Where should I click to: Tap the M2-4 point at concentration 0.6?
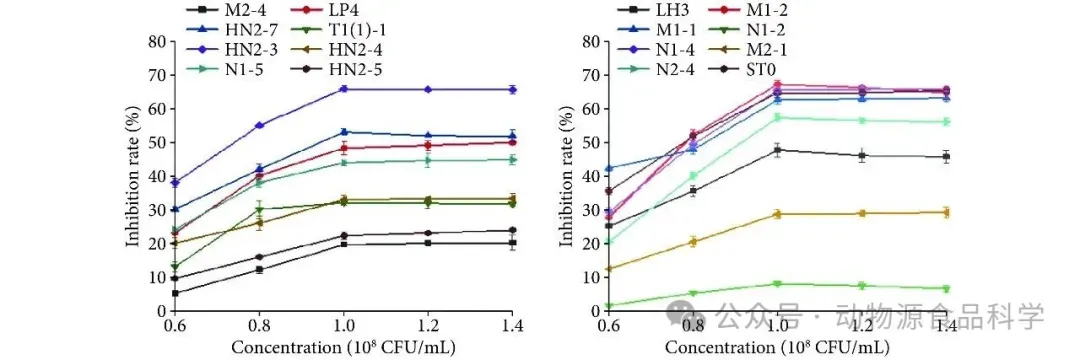coord(175,293)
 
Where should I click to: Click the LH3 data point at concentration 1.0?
coord(778,149)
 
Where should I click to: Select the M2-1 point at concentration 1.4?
coord(947,212)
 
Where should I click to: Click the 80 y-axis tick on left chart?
coord(158,41)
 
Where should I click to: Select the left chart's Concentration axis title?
coord(343,346)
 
